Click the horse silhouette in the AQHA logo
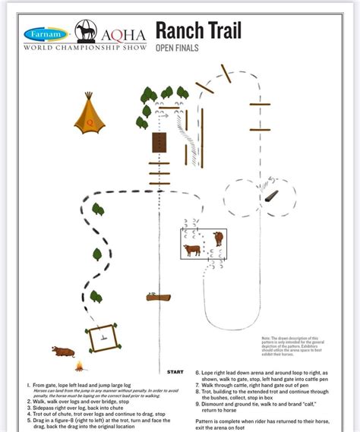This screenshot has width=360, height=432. tap(84, 32)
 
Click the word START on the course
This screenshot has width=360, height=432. tap(175, 372)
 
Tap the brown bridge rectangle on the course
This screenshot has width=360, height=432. tap(159, 143)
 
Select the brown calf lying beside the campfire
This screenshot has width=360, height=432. tap(62, 352)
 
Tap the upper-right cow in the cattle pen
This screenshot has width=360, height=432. tap(219, 238)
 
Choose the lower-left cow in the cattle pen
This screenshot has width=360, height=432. tap(191, 250)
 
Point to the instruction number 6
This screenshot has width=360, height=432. tap(197, 373)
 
